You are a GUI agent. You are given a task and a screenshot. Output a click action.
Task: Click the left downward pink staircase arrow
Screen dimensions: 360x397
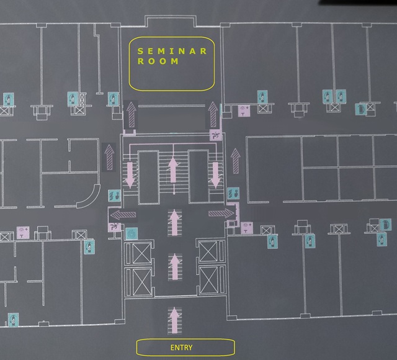click(x=130, y=173)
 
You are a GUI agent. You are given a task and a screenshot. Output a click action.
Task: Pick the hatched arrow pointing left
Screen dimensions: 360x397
click(x=123, y=215)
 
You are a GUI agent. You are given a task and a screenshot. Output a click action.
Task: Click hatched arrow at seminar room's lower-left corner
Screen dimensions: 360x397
click(x=131, y=114)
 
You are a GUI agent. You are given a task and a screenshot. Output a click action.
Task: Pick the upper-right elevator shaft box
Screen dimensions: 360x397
click(x=207, y=252)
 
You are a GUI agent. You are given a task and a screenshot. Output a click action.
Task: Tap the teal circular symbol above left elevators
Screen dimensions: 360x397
click(x=131, y=233)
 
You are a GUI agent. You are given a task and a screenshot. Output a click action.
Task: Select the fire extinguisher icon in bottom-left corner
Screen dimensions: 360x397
click(x=12, y=320)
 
